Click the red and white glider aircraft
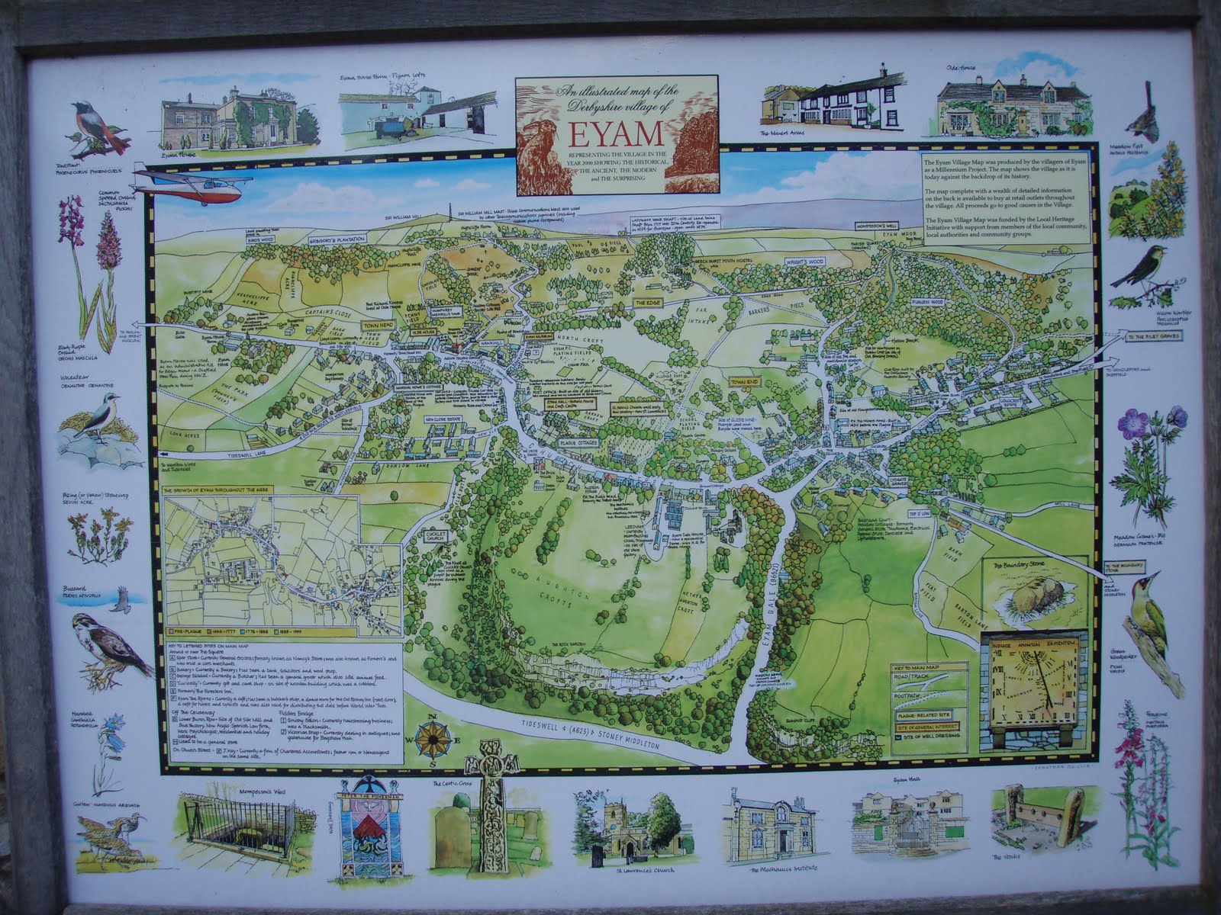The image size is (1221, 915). (191, 185)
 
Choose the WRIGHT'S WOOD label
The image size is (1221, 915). (805, 262)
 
